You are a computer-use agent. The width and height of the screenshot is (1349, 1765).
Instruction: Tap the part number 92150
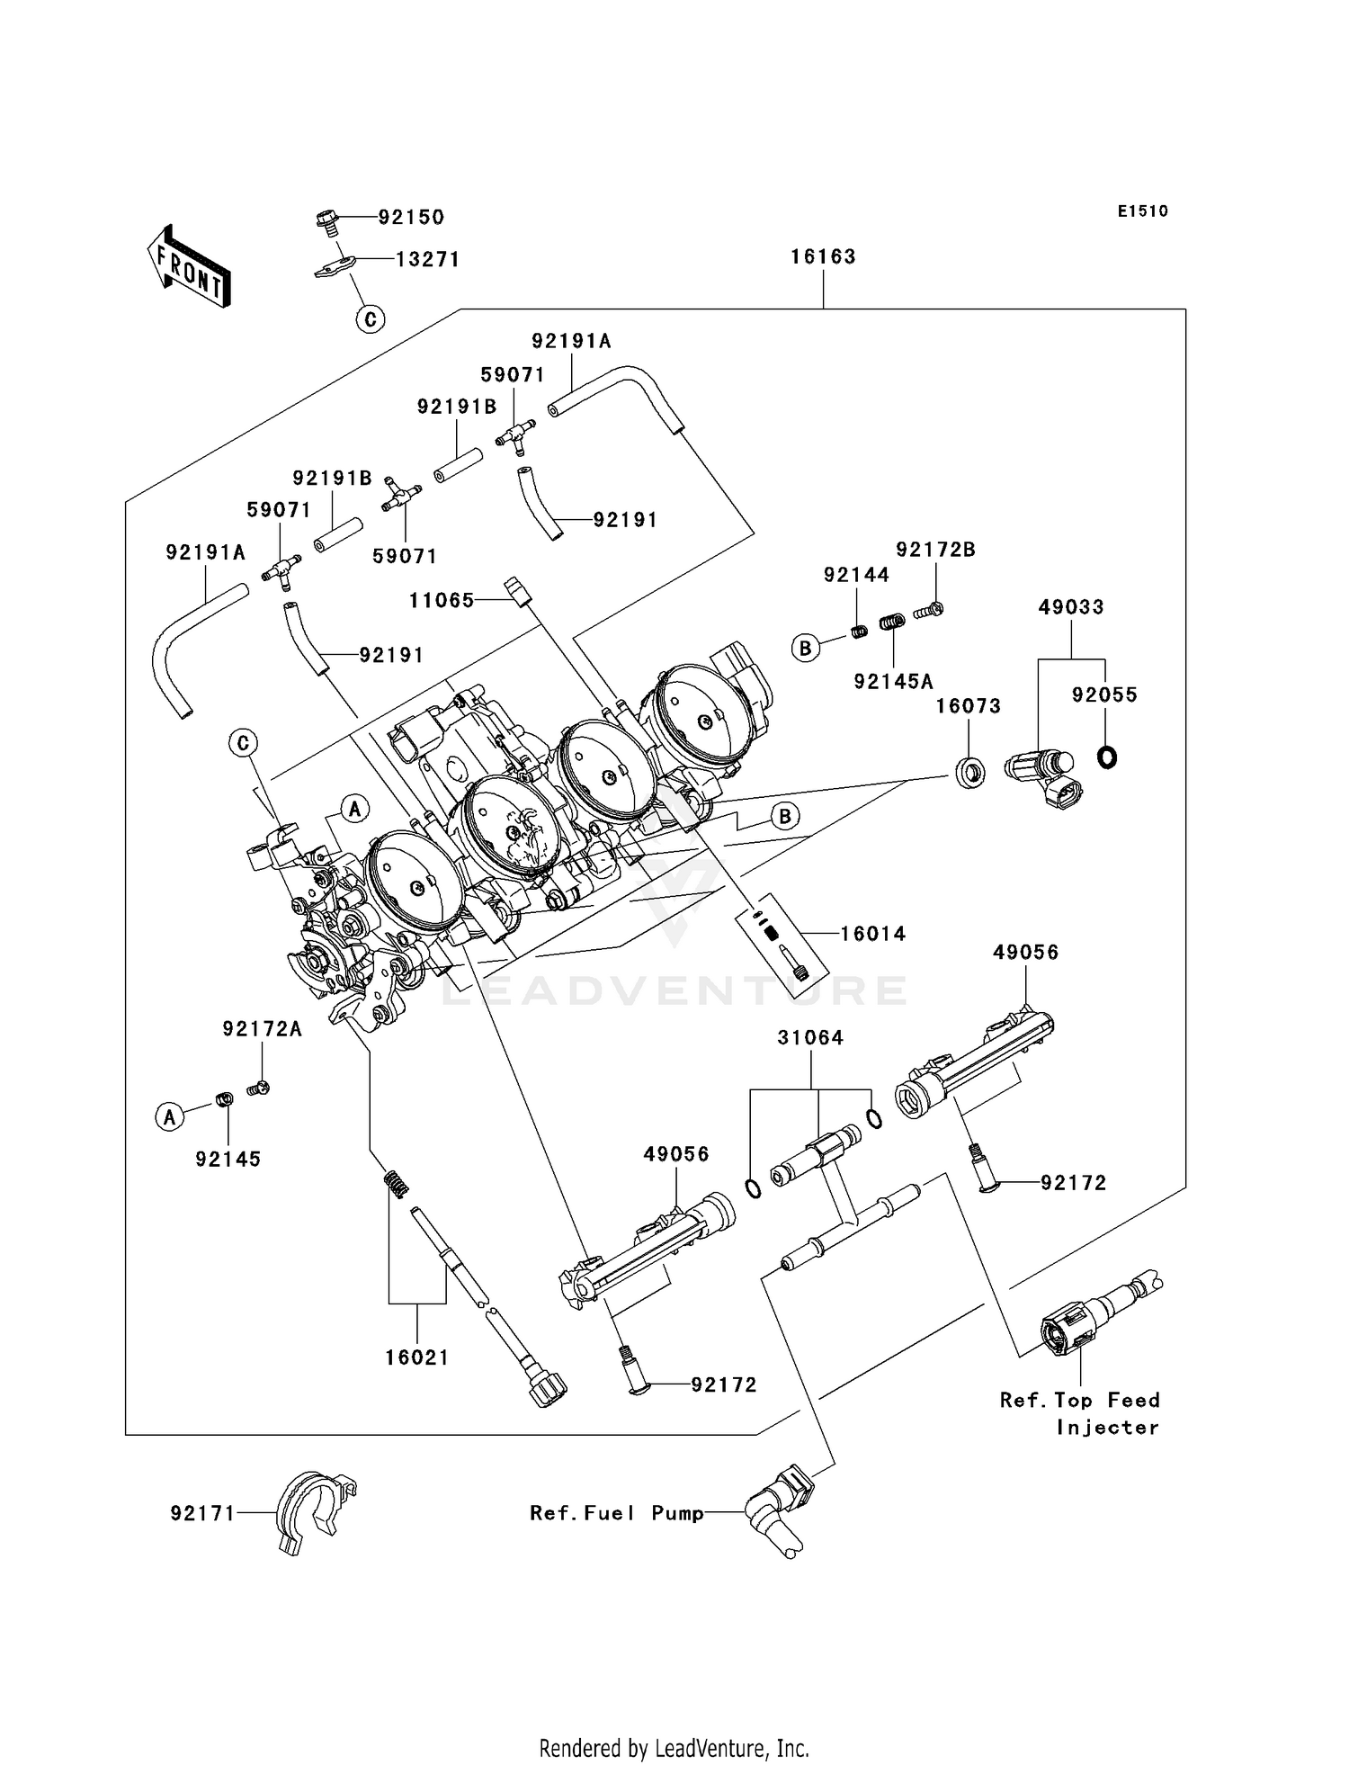pyautogui.click(x=411, y=217)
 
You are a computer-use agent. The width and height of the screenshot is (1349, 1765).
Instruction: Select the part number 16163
pyautogui.click(x=823, y=257)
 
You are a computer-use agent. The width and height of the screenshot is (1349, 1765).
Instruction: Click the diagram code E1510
pyautogui.click(x=1142, y=211)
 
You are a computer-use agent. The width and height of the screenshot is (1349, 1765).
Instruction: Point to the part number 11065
pyautogui.click(x=442, y=600)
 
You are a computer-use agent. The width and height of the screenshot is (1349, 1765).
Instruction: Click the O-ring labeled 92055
pyautogui.click(x=1107, y=757)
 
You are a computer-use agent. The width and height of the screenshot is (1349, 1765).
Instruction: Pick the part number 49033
pyautogui.click(x=1070, y=607)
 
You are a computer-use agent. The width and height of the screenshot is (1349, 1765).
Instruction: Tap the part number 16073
pyautogui.click(x=968, y=706)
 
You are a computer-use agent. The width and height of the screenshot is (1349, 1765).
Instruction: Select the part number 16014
pyautogui.click(x=872, y=934)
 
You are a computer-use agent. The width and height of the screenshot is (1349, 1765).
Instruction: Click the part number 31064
pyautogui.click(x=810, y=1038)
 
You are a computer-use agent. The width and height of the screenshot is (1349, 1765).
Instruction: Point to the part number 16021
pyautogui.click(x=417, y=1357)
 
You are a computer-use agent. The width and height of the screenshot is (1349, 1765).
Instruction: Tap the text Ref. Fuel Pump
pyautogui.click(x=616, y=1513)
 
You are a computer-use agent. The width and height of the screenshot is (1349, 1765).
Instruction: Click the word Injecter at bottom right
pyautogui.click(x=1107, y=1428)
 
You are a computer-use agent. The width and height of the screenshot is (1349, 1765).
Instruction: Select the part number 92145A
pyautogui.click(x=893, y=682)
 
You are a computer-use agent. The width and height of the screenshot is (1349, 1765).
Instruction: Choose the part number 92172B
pyautogui.click(x=935, y=550)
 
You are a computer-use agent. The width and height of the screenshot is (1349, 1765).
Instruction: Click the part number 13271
pyautogui.click(x=428, y=260)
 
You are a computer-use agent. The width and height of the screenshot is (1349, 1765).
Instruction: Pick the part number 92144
pyautogui.click(x=856, y=575)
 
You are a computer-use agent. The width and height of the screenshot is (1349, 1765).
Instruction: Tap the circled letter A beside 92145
pyautogui.click(x=169, y=1117)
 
